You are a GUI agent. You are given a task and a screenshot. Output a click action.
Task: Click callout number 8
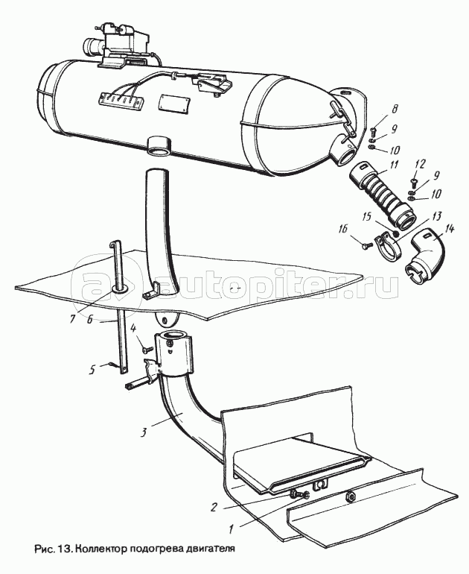pyautogui.click(x=394, y=109)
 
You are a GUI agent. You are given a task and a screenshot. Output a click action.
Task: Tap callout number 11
pyautogui.click(x=393, y=165)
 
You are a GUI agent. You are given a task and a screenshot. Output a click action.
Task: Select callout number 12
pyautogui.click(x=420, y=164)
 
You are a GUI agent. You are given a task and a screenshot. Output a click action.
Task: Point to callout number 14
pyautogui.click(x=449, y=229)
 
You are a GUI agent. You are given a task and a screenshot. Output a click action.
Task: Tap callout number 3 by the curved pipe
pyautogui.click(x=144, y=432)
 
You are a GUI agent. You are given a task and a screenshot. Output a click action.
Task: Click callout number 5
pyautogui.click(x=92, y=370)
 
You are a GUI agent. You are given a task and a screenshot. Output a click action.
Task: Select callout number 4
pyautogui.click(x=133, y=328)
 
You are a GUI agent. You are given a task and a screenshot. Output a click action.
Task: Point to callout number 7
pyautogui.click(x=72, y=318)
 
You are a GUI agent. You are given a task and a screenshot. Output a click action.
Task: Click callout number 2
pyautogui.click(x=214, y=507)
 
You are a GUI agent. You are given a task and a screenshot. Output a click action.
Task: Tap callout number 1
pyautogui.click(x=231, y=529)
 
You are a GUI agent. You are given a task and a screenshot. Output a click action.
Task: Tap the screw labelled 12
pyautogui.click(x=413, y=181)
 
